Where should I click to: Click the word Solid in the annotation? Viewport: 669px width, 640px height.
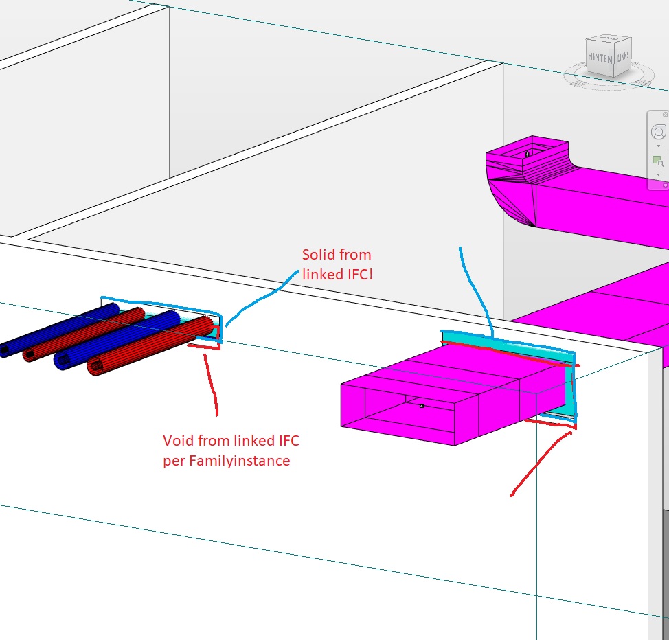point(317,255)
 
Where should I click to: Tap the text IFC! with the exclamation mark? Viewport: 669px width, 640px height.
point(361,275)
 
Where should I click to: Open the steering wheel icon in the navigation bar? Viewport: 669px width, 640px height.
point(658,132)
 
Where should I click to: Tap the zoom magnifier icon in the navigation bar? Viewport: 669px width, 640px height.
point(658,161)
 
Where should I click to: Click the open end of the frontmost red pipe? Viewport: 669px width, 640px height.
point(96,366)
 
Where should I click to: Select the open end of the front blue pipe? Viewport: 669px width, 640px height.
point(63,361)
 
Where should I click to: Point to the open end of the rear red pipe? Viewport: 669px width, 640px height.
point(30,354)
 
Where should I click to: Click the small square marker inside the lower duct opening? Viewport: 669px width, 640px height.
point(422,406)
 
